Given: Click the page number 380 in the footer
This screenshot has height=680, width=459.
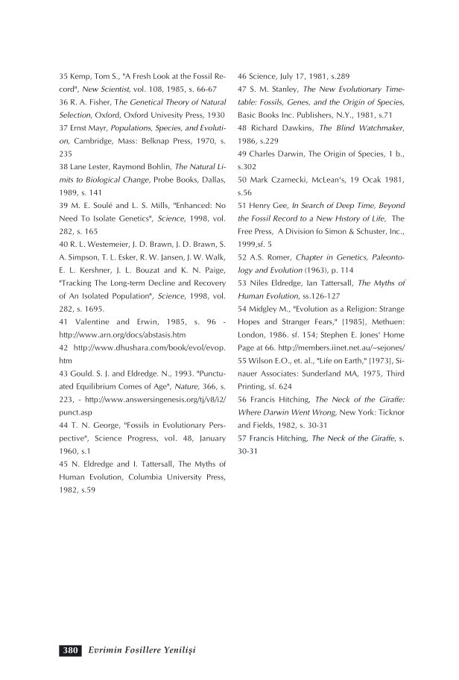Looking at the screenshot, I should click(x=71, y=651).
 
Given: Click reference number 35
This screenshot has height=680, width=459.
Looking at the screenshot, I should click(x=64, y=76).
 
